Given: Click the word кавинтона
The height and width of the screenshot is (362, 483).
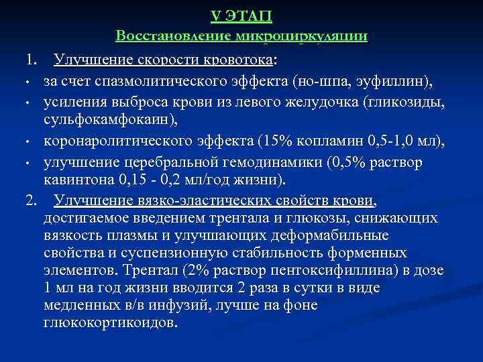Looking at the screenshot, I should pos(80,180).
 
